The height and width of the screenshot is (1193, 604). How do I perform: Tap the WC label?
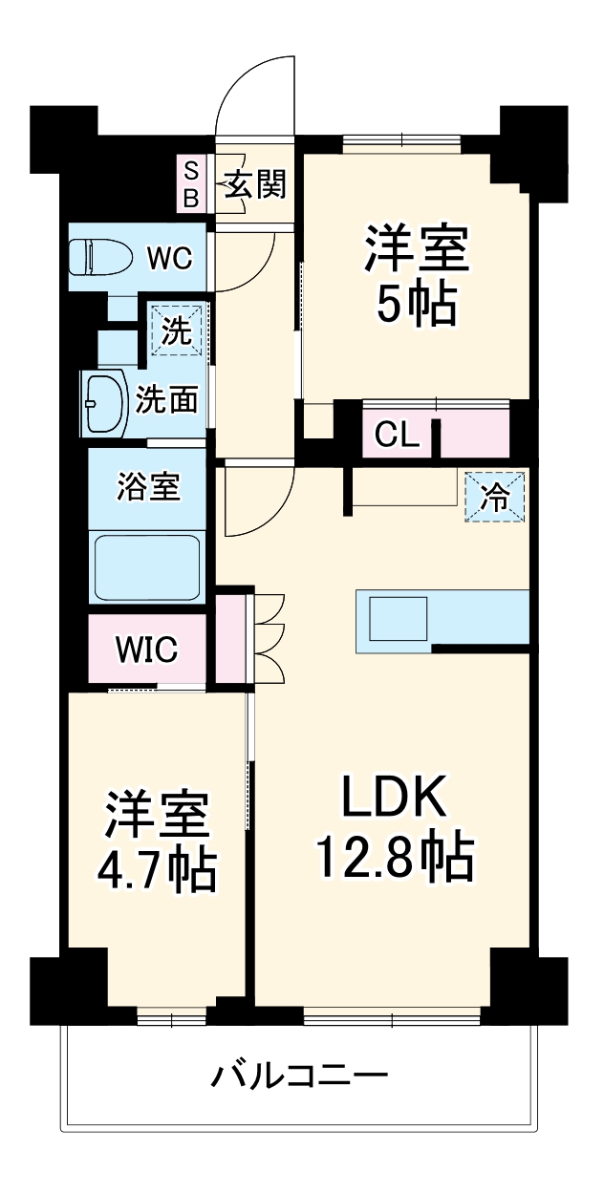(x=168, y=258)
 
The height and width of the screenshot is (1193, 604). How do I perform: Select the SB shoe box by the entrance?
(x=191, y=184)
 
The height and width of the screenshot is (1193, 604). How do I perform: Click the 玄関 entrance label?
(x=254, y=183)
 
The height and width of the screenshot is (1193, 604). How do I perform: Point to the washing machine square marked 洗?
(x=176, y=330)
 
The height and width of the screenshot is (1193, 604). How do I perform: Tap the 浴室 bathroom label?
(x=148, y=487)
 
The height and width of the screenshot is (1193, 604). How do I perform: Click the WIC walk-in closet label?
(x=146, y=650)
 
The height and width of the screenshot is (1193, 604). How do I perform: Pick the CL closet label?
(x=397, y=436)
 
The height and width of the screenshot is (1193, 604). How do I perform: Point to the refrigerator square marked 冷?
(x=496, y=497)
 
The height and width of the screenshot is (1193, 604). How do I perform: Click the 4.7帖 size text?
(x=156, y=869)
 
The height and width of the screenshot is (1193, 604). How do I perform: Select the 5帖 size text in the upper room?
(x=415, y=305)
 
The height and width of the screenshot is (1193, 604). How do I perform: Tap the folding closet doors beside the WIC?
(x=269, y=638)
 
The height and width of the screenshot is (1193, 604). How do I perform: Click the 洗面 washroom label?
(x=166, y=399)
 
